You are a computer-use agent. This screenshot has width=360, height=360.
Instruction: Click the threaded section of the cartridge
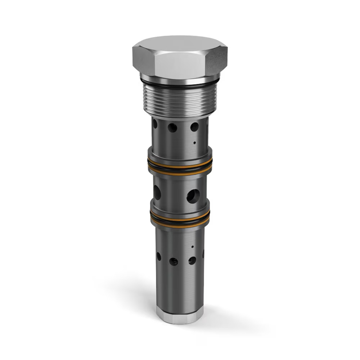tap(179, 101)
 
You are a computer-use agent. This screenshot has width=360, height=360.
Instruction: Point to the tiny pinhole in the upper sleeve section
tap(194, 143)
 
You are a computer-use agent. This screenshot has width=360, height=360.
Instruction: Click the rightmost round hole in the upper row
tap(194, 127)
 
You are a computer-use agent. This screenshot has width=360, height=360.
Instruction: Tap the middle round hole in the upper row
tap(172, 127)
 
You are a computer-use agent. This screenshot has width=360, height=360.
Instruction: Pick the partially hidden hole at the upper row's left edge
tap(155, 124)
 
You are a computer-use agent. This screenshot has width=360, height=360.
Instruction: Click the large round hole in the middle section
tap(193, 196)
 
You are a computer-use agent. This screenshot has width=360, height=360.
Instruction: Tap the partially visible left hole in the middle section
tap(157, 192)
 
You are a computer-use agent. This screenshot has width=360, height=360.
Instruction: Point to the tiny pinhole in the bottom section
tap(192, 247)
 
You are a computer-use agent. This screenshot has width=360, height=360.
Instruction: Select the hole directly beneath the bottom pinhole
tap(192, 260)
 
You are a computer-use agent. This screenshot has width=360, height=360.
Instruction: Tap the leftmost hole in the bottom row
tap(159, 256)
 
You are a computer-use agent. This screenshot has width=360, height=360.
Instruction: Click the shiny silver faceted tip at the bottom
tap(179, 315)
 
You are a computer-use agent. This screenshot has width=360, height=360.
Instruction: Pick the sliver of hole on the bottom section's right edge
tap(203, 254)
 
